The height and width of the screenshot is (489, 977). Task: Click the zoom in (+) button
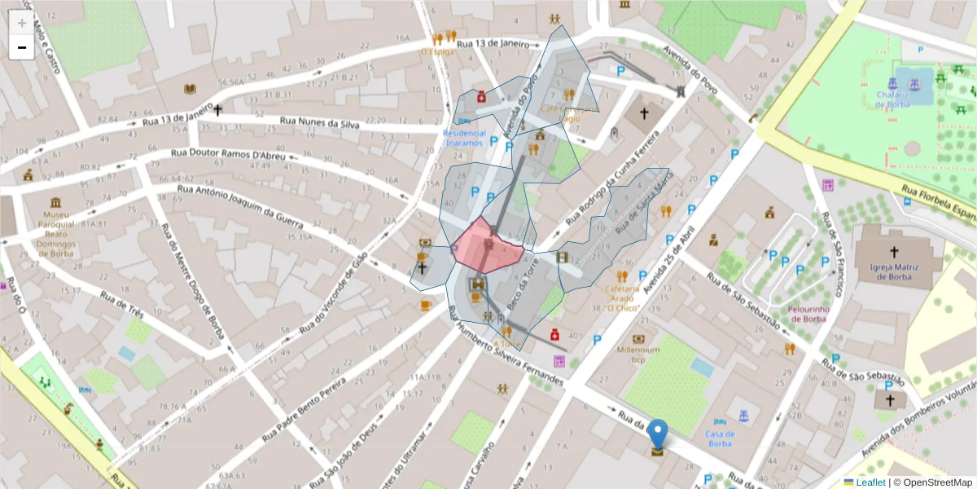point(22,22)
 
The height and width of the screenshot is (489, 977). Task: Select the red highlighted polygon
point(487,247)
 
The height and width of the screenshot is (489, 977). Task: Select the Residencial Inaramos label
point(464,137)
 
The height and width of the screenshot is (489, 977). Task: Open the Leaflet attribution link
point(871,482)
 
